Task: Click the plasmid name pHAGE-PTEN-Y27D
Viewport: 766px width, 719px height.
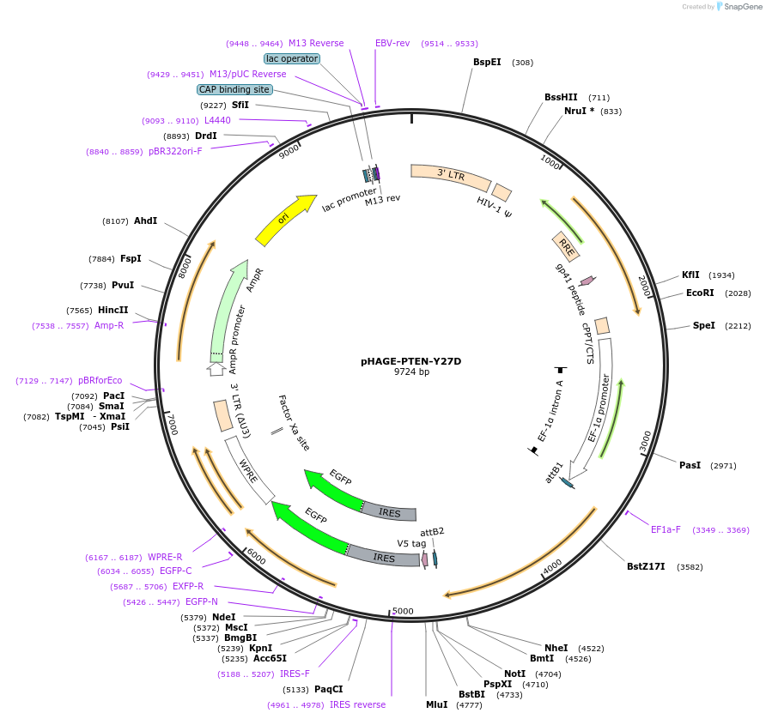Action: [410, 361]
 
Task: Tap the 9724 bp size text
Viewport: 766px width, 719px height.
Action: [411, 372]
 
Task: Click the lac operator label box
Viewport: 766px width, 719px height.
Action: [292, 58]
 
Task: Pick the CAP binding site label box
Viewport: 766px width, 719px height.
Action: [234, 89]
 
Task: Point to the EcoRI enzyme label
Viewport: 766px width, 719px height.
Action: [700, 293]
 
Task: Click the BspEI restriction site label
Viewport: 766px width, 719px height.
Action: [487, 62]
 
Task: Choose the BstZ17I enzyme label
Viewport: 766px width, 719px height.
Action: [646, 566]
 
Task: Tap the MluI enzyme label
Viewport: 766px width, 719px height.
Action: [436, 704]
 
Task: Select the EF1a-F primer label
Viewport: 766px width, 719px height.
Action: [666, 529]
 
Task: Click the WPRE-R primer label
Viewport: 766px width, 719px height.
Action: [165, 557]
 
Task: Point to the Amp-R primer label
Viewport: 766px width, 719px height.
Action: [109, 325]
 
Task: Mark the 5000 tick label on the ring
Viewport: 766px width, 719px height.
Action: [402, 611]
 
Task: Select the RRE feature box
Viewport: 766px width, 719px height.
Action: [566, 246]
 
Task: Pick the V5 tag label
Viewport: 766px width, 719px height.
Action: [411, 543]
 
